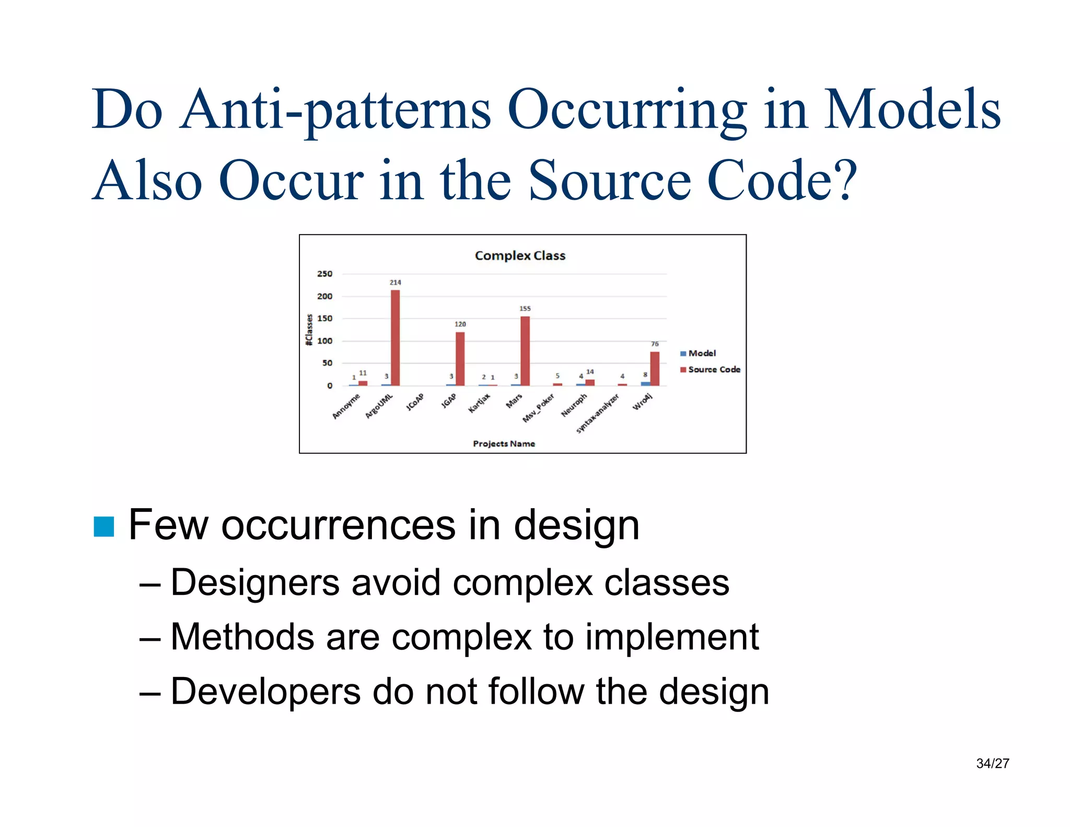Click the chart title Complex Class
520,256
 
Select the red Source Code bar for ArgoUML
396,338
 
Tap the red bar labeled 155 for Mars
525,351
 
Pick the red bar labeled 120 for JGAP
460,359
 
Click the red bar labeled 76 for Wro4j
655,369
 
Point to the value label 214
396,282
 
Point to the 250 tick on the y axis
324,274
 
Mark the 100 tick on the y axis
324,341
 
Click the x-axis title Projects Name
504,444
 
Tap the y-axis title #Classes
309,329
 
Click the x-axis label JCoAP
415,403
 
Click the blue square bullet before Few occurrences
103,526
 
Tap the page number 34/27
992,764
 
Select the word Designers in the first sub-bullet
255,583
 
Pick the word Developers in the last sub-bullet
265,692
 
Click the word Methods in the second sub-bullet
242,637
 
